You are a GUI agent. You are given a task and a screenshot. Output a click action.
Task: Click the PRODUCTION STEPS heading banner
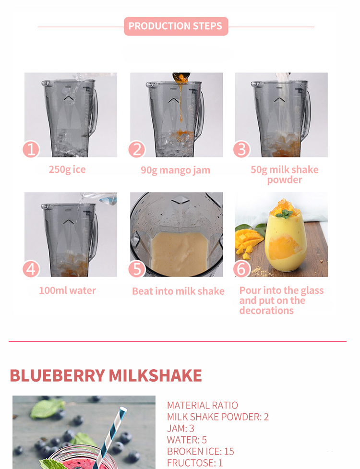coord(176,26)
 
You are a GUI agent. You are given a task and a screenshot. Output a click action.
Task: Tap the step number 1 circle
coord(31,150)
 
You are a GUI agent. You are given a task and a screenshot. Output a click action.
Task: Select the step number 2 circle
coord(137,150)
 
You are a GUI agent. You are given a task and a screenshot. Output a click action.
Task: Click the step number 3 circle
coord(241,150)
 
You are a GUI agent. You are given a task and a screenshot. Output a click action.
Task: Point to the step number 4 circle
coord(31,269)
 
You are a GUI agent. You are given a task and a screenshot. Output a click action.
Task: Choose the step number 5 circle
coord(137,269)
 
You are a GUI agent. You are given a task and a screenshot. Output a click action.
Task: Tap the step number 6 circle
coord(241,269)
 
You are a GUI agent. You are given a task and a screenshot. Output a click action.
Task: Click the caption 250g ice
coord(67,169)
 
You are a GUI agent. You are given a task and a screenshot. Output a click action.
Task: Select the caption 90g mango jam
coord(175,170)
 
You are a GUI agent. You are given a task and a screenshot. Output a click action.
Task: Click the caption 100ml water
coord(67,290)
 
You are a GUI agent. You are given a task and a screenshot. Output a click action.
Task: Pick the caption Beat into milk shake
coord(178,291)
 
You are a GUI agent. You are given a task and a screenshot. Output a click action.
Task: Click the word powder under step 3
coord(285,180)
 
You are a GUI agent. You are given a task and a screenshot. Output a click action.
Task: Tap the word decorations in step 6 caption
coord(266,311)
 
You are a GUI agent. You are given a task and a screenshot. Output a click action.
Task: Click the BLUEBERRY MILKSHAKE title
coord(106,375)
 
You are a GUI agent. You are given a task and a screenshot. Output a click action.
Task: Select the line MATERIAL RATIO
coord(202,405)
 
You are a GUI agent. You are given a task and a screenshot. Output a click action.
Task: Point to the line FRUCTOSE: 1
coord(195,463)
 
